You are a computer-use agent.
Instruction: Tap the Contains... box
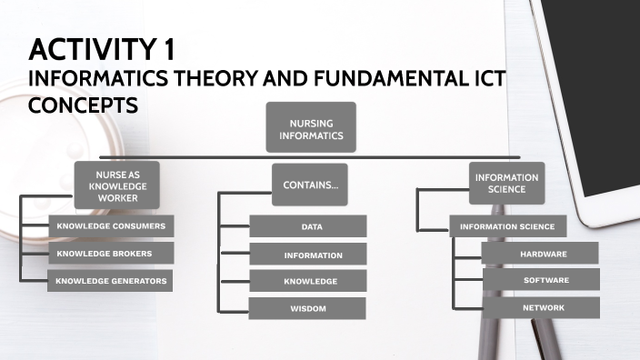click(x=310, y=185)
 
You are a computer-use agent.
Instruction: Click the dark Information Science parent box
click(x=506, y=184)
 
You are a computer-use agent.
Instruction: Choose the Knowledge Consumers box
click(x=110, y=225)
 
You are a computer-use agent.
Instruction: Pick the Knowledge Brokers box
click(x=110, y=253)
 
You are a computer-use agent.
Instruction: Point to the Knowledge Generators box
click(x=110, y=281)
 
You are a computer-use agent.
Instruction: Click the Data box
click(x=308, y=226)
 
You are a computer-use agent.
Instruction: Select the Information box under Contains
click(x=308, y=255)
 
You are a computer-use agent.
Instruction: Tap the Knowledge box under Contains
click(x=308, y=282)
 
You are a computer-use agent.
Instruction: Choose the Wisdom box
click(x=308, y=309)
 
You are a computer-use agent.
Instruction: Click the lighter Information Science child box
click(x=507, y=226)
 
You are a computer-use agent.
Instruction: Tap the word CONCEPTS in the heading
click(x=83, y=105)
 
